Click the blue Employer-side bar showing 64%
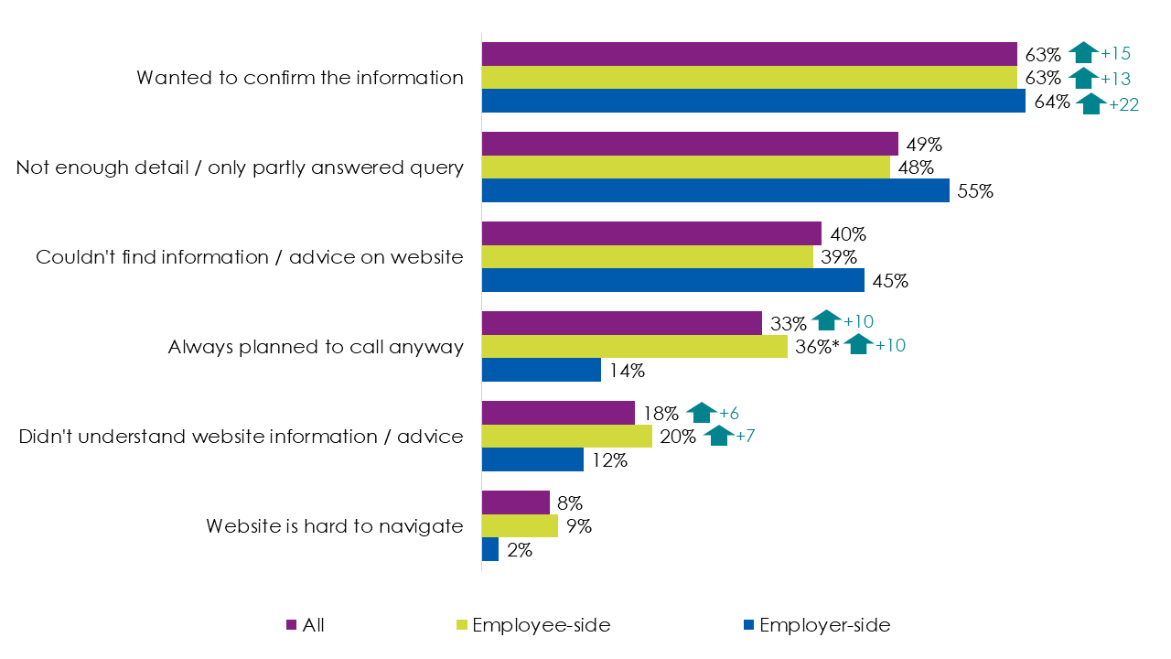pos(753,101)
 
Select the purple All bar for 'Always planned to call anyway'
pos(621,323)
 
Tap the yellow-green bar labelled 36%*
pos(634,346)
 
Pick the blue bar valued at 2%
pos(489,549)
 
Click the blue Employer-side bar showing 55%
pos(715,190)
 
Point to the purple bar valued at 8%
pos(515,502)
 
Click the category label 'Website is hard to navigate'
pos(334,526)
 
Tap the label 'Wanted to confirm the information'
pos(300,78)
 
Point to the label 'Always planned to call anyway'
pos(316,347)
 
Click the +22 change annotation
pos(1123,104)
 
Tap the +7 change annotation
pos(745,437)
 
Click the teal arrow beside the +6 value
pos(701,414)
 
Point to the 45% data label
pos(890,281)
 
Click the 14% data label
pos(628,371)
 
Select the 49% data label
pos(923,145)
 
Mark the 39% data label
pos(838,258)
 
